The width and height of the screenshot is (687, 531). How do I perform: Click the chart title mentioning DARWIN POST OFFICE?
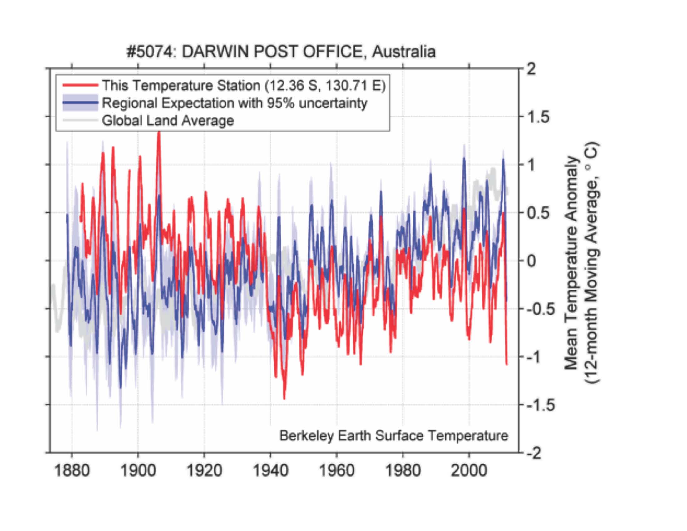coord(281,52)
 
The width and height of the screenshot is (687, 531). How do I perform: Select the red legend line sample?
coord(81,85)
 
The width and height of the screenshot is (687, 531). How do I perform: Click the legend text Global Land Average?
coord(168,121)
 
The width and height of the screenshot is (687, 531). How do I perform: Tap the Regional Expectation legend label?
coord(234,103)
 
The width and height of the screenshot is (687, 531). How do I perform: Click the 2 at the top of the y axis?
coord(531,69)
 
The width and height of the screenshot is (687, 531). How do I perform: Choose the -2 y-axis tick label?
coord(534,453)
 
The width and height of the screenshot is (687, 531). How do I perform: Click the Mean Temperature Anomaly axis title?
coord(571,263)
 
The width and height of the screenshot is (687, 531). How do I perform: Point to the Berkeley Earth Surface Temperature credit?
coord(394,436)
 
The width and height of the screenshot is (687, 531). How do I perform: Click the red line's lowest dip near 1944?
coord(284,399)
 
